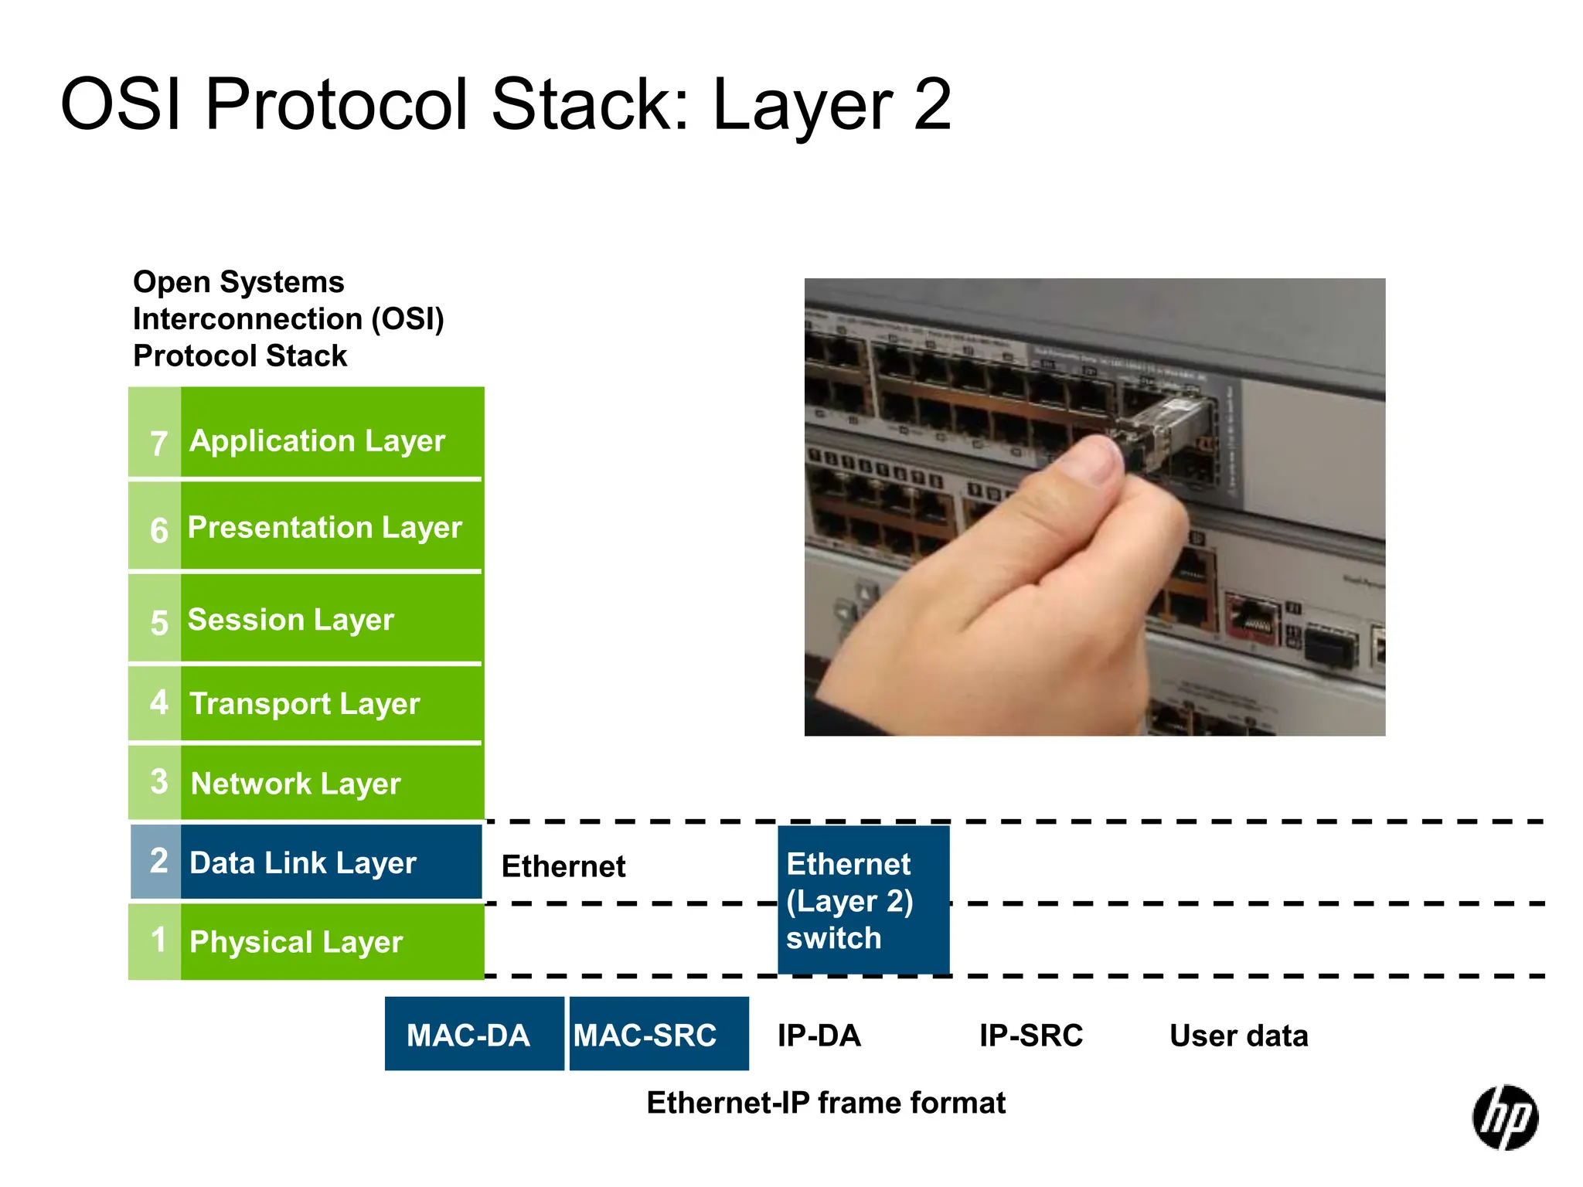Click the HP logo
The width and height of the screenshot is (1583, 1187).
click(x=1504, y=1117)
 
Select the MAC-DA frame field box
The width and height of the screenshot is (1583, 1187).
click(x=474, y=1034)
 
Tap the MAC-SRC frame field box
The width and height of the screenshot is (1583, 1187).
click(x=659, y=1034)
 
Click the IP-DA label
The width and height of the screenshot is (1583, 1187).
click(x=819, y=1036)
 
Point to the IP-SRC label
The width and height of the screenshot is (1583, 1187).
click(x=1030, y=1036)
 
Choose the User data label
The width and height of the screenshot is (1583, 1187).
click(x=1238, y=1036)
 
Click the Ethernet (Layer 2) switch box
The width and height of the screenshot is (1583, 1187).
click(x=863, y=900)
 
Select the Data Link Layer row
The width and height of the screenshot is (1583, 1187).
click(x=306, y=862)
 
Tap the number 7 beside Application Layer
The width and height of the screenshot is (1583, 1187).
click(x=158, y=443)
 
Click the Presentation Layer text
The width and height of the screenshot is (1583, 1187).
click(x=325, y=528)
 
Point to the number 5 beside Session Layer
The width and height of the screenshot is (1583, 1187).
click(x=158, y=622)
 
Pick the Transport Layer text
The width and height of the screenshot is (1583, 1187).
click(x=305, y=704)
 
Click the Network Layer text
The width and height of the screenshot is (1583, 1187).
click(x=295, y=784)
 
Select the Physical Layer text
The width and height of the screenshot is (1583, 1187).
click(x=296, y=942)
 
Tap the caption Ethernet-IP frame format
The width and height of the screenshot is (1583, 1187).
click(x=826, y=1103)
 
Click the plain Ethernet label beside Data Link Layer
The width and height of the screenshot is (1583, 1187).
click(x=563, y=866)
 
